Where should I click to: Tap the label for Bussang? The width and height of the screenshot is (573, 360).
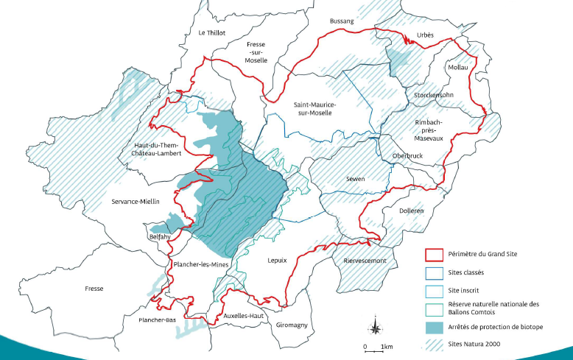pos(342,21)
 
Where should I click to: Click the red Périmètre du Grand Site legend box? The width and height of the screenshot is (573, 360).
pos(434,256)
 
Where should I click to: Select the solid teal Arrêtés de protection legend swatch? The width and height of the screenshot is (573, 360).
pos(434,327)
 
